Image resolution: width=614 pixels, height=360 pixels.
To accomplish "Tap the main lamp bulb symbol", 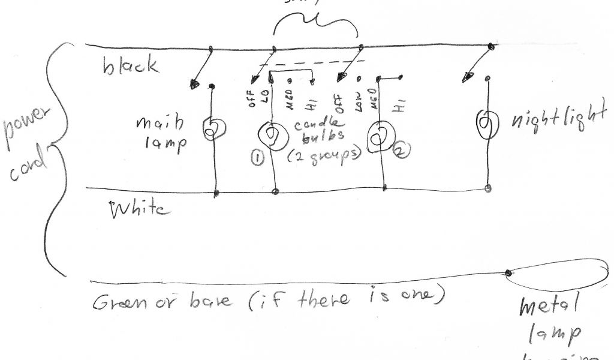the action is coord(211,129).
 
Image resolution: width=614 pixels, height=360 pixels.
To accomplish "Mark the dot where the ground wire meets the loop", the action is coord(508,274).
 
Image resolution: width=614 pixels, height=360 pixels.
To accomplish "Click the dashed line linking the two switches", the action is coord(312,62).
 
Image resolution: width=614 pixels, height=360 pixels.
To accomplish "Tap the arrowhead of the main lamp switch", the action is coord(194,85).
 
